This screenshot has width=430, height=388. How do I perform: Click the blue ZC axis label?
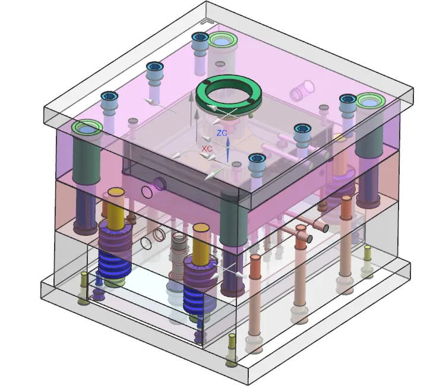(222, 133)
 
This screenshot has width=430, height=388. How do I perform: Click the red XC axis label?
(207, 149)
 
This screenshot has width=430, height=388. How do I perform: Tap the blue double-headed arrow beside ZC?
(227, 150)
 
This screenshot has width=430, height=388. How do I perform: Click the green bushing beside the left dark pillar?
(87, 128)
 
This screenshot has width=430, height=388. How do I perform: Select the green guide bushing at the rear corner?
(223, 40)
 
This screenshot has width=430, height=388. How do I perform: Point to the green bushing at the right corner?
(371, 100)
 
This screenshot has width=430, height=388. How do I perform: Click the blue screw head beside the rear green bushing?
(200, 37)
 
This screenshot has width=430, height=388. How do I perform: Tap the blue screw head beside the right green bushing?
(347, 99)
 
